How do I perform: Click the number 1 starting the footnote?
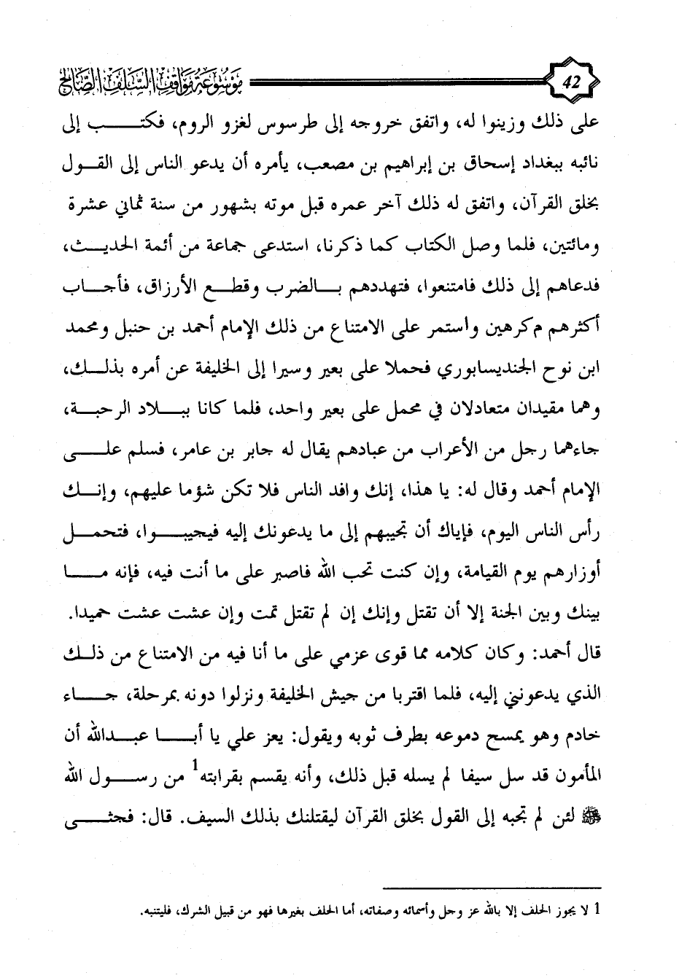coord(598,909)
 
